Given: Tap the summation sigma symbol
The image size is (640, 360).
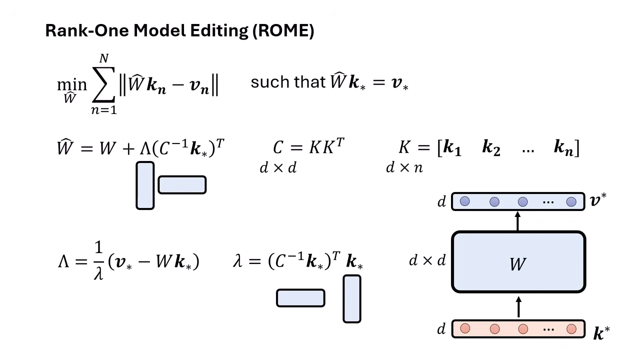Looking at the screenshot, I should click(x=103, y=85).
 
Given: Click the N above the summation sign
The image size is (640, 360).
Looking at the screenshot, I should click(x=104, y=59).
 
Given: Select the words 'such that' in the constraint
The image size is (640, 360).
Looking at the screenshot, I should click(x=288, y=82).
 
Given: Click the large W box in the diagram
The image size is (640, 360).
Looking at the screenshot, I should click(x=518, y=261).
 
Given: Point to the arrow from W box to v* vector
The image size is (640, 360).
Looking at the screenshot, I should click(x=518, y=220).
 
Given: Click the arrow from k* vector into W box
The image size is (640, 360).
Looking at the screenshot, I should click(x=518, y=306).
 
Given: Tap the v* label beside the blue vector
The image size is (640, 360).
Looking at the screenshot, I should click(x=598, y=200).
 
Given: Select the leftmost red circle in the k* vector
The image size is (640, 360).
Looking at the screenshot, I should click(x=465, y=328).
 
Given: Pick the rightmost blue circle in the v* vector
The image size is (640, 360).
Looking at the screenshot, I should click(x=571, y=201).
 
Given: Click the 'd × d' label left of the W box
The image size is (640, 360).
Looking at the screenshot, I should click(x=427, y=260).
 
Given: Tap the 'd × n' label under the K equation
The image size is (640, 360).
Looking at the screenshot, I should click(x=404, y=168).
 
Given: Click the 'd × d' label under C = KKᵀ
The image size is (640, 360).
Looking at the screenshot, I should click(x=278, y=168).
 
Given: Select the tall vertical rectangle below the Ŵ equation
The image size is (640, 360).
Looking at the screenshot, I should click(x=145, y=185).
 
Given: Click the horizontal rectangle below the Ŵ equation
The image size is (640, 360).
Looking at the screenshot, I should click(x=182, y=185).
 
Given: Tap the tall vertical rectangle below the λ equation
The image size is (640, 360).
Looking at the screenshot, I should click(x=351, y=299).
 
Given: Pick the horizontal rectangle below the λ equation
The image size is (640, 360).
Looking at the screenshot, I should click(x=300, y=298).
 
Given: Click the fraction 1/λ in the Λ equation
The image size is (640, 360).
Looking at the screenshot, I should click(x=98, y=260).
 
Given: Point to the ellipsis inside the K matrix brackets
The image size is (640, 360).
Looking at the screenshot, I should click(x=527, y=149).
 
